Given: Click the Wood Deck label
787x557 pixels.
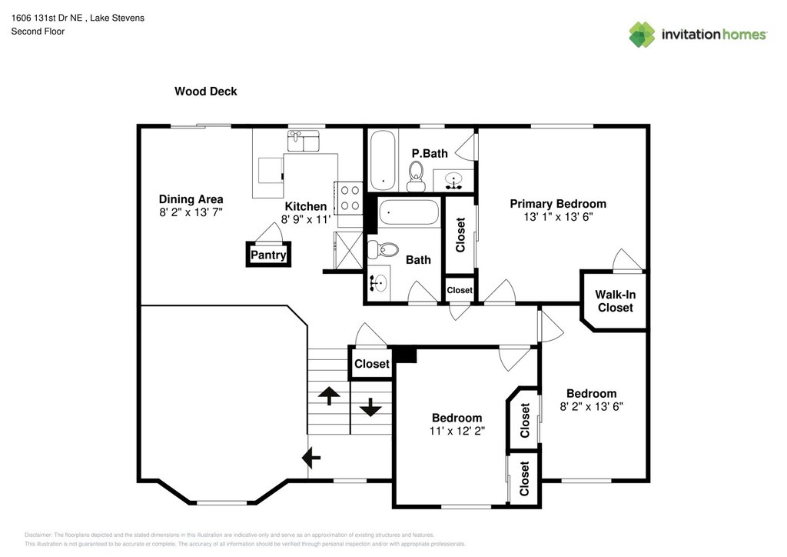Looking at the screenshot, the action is [x=206, y=92].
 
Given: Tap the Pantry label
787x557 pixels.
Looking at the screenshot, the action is [x=268, y=255].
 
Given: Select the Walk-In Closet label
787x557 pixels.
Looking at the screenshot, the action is [x=616, y=301].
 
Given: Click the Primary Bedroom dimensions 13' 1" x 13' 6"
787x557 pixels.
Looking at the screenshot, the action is [x=558, y=217].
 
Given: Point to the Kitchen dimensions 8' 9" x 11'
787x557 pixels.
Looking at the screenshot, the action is [x=306, y=219].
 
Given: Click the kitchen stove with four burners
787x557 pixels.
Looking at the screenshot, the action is [x=350, y=198].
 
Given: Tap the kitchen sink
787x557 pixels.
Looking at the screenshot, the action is [x=303, y=141].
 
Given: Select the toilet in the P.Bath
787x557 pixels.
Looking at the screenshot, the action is [x=416, y=176].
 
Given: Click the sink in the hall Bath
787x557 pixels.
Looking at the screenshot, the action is [x=378, y=283].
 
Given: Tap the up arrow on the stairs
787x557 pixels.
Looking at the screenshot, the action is [x=329, y=395].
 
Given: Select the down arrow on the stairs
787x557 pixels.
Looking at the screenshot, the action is [x=370, y=407].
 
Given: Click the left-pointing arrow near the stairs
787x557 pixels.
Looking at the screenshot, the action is [x=311, y=458].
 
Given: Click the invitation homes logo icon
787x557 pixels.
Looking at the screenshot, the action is [x=643, y=34].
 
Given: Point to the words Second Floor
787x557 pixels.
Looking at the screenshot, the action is [x=38, y=31].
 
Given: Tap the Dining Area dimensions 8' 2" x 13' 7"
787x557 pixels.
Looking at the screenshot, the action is [x=191, y=212].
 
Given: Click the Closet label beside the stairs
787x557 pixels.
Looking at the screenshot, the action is [x=372, y=364].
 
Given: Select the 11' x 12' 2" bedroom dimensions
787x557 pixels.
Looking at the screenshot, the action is [x=457, y=431].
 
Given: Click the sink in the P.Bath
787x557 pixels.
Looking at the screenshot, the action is [x=453, y=180].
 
